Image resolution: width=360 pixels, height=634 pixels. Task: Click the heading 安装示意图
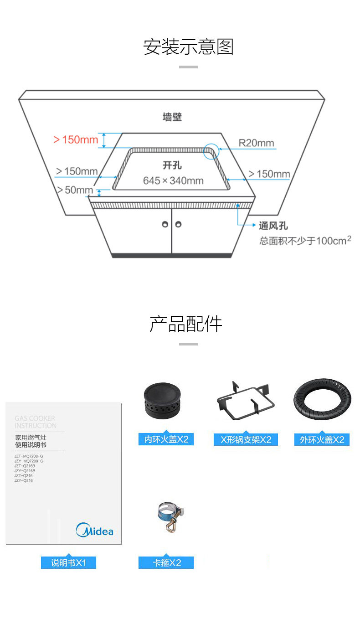point(188,47)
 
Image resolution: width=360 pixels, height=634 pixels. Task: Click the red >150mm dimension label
point(76,139)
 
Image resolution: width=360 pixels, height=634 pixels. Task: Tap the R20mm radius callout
point(257,143)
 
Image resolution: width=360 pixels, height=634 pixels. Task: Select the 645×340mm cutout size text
point(173,180)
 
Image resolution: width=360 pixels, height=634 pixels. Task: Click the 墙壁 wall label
point(172,117)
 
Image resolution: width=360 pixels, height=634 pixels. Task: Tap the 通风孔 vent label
point(273,226)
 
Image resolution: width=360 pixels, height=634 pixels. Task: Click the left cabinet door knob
point(165,224)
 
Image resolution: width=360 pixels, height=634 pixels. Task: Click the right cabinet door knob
point(178,224)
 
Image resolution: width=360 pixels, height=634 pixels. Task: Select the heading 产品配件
point(186,324)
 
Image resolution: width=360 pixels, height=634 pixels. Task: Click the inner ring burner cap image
point(163,401)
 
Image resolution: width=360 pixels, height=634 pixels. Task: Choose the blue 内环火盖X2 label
point(166,439)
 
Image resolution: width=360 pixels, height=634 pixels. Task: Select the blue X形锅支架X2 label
point(246,440)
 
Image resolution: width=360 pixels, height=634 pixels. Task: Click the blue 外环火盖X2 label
point(322,440)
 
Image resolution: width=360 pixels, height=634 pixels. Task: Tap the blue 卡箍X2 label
point(166,563)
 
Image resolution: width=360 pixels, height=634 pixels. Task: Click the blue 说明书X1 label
point(68,563)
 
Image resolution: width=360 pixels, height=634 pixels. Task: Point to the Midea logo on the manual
point(95,530)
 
